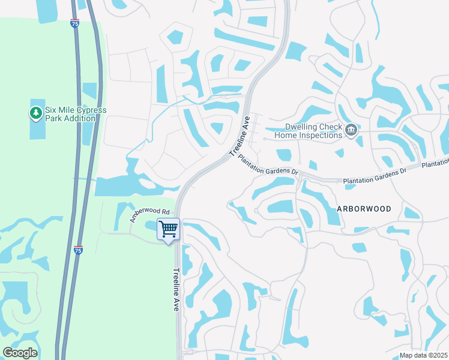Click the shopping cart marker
coord(169,229)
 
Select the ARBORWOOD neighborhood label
coord(364,209)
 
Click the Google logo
coord(20,353)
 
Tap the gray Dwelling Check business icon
coord(352,130)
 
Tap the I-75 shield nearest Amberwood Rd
coord(78,250)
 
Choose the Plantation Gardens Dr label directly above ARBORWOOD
coord(375,175)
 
